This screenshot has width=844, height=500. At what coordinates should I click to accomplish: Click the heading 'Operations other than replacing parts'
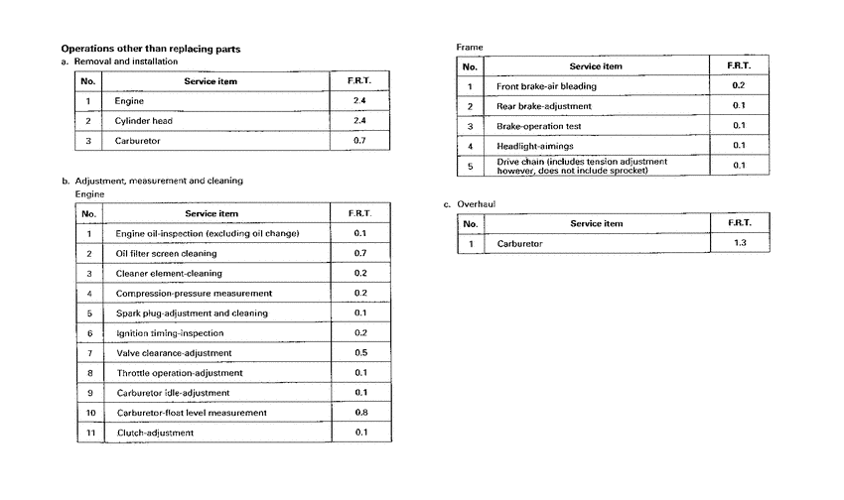coord(150,49)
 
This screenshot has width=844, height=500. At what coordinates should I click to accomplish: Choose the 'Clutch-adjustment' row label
coord(154,433)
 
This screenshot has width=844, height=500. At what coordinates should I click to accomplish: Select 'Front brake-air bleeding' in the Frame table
coord(546,86)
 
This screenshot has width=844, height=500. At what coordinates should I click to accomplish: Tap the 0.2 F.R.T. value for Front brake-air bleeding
coord(738,86)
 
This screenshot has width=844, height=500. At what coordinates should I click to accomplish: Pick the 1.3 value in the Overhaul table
coord(738,243)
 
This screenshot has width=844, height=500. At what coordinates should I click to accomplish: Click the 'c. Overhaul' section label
coord(470,203)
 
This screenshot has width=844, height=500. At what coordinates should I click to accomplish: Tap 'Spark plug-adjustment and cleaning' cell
coord(191,313)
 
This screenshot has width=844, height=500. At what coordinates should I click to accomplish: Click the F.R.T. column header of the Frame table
coord(738,66)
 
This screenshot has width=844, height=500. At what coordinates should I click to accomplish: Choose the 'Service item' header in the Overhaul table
coord(596,223)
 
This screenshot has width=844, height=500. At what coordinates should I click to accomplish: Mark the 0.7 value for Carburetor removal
coord(359,141)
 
